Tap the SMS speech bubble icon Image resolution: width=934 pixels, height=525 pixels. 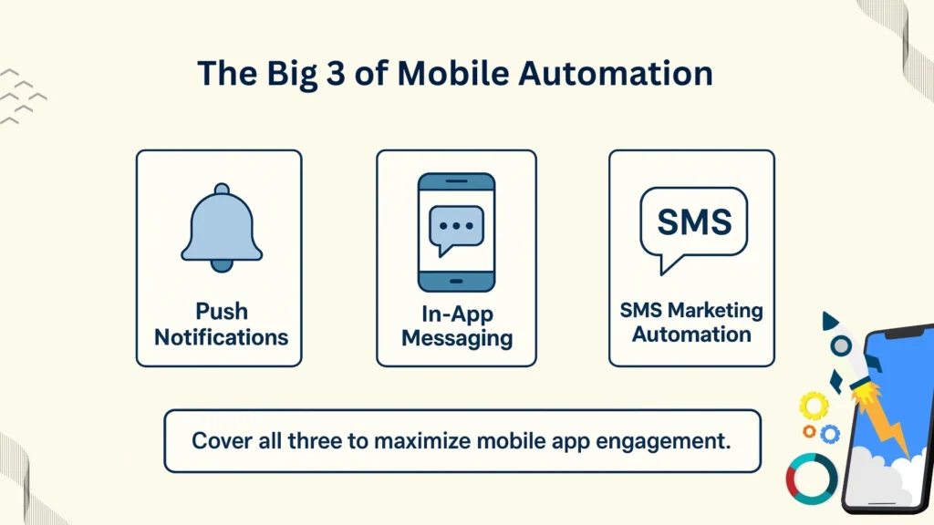694,223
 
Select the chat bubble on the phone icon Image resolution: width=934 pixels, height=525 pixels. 456,227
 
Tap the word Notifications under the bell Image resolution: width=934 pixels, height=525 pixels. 221,337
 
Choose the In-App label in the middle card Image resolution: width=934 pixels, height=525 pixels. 456,314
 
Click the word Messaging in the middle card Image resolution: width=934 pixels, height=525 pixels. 456,339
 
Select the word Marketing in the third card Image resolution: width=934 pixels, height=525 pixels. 717,310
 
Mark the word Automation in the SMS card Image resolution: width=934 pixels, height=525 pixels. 691,334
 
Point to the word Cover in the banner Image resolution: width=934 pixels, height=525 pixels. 217,441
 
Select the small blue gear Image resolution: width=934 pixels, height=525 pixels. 829,434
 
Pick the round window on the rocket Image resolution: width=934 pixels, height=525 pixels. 841,345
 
